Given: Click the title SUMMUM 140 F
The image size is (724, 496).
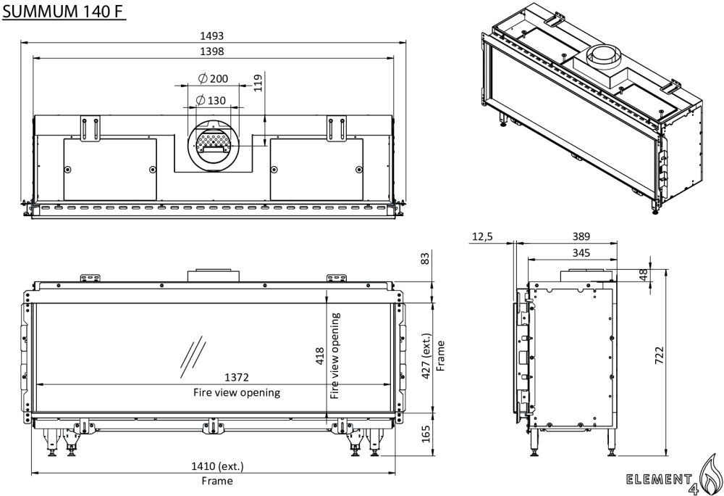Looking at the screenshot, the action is point(64,11).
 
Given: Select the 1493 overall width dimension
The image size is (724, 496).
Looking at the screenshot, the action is point(212,36).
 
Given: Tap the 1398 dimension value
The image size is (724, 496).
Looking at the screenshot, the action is point(212,51).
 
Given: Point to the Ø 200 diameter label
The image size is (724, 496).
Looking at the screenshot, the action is point(213,78).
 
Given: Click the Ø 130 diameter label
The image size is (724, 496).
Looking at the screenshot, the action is point(211,100).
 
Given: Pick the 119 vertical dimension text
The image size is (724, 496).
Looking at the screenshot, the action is point(258,83).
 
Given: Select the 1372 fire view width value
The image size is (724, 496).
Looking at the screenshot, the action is point(237,378).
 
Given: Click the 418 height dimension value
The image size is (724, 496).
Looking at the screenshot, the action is point(320,356).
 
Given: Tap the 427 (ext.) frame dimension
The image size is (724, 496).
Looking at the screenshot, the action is point(426,355).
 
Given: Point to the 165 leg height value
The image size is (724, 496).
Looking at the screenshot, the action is point(426,434).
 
